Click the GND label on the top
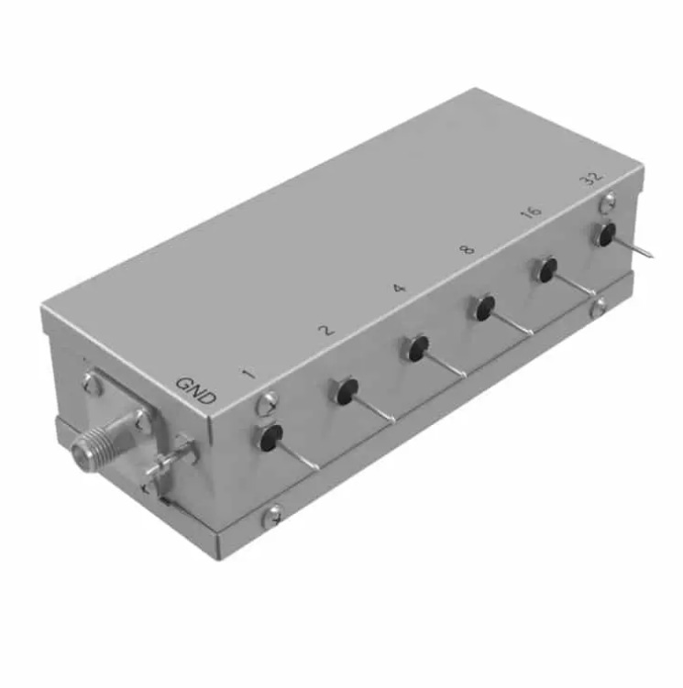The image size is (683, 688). pyautogui.click(x=196, y=391)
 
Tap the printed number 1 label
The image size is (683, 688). pyautogui.click(x=247, y=373)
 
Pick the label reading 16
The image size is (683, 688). pyautogui.click(x=530, y=212)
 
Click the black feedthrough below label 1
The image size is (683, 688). pyautogui.click(x=269, y=438)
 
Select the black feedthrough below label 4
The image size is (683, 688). pyautogui.click(x=418, y=347)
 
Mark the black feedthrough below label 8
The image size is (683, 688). pyautogui.click(x=485, y=307)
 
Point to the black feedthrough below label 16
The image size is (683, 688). pyautogui.click(x=547, y=269)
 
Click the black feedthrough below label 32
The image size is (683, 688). pyautogui.click(x=606, y=235)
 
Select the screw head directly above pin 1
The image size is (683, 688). pyautogui.click(x=267, y=401)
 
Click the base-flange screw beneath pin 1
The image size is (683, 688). pyautogui.click(x=272, y=518)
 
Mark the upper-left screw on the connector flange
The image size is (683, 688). pyautogui.click(x=93, y=384)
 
